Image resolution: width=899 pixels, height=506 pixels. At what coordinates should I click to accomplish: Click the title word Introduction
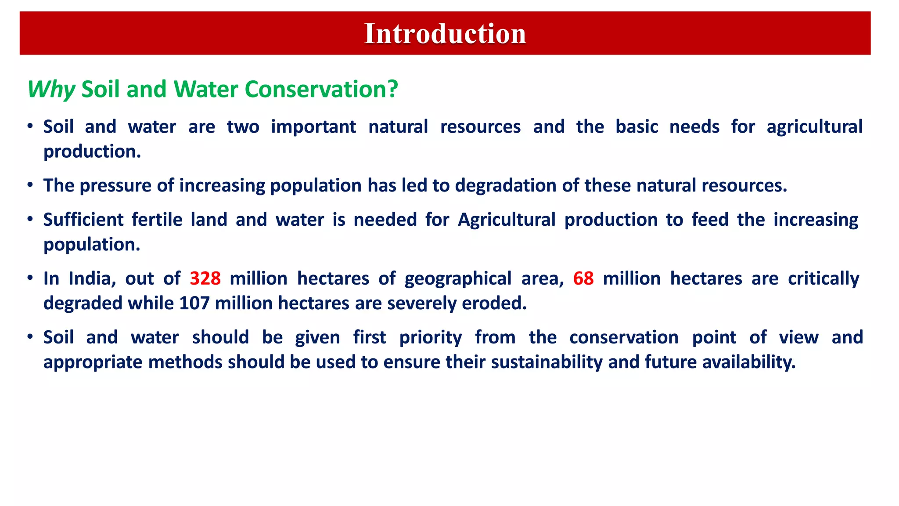[x=445, y=34]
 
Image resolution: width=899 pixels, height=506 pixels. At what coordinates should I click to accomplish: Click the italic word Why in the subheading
[x=51, y=90]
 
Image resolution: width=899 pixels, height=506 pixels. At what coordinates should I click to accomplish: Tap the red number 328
[x=205, y=278]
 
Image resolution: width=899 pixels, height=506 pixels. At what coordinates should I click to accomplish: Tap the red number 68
[x=583, y=278]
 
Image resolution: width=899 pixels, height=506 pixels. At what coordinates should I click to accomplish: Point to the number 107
[x=194, y=303]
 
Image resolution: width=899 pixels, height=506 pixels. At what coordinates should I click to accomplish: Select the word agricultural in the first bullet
[x=814, y=127]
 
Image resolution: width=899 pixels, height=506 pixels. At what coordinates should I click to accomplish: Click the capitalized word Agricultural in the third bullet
[x=507, y=220]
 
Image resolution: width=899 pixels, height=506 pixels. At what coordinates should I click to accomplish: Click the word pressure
[x=115, y=185]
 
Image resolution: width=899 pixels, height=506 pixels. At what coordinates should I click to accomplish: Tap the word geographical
[x=458, y=278]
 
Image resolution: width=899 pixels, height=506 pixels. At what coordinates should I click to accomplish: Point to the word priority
[x=430, y=337]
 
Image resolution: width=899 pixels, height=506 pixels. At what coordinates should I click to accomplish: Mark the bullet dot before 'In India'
[x=30, y=278]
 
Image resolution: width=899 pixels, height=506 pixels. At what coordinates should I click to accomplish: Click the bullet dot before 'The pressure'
[x=30, y=185]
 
